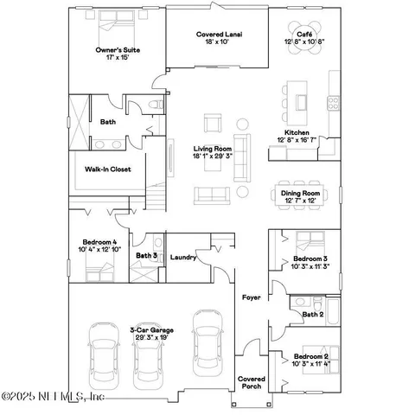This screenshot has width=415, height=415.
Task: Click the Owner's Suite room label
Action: pyautogui.click(x=118, y=51)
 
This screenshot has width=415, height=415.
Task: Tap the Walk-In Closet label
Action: pyautogui.click(x=108, y=169)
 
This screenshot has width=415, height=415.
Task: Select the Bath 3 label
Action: pyautogui.click(x=146, y=256)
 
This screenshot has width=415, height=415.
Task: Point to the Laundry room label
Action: pyautogui.click(x=182, y=257)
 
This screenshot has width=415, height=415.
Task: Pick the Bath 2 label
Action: pyautogui.click(x=313, y=314)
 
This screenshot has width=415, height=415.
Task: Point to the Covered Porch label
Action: pyautogui.click(x=252, y=383)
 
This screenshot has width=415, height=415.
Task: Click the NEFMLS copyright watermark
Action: pyautogui.click(x=54, y=397)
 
